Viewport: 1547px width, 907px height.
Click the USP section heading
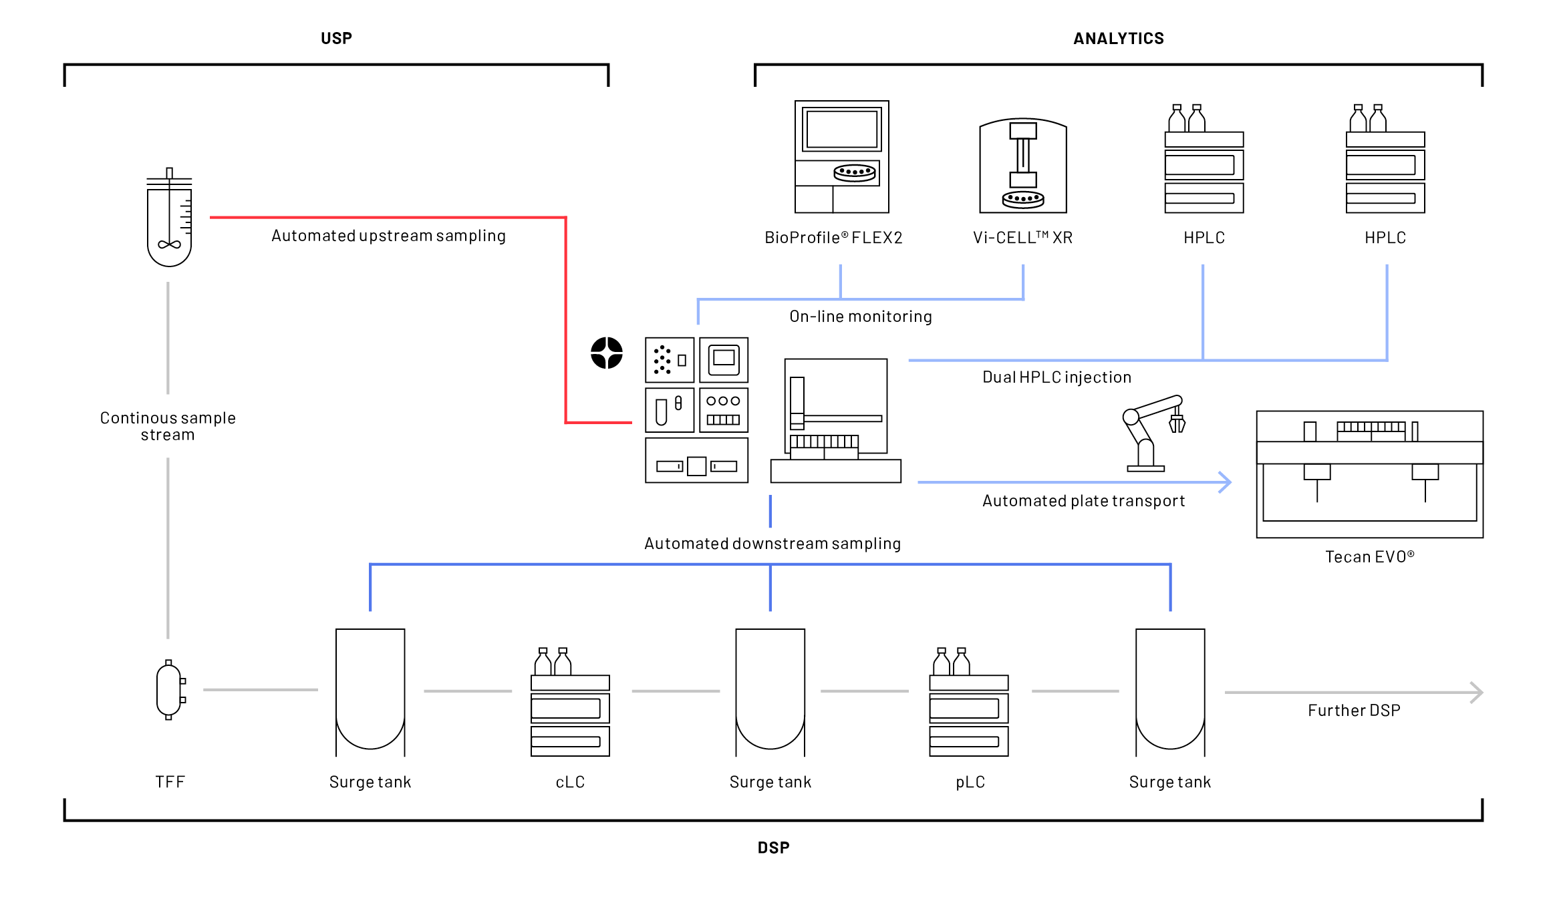point(336,39)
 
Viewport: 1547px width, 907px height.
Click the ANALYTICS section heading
point(1118,39)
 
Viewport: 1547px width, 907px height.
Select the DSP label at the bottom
point(773,848)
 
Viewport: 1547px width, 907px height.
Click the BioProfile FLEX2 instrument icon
point(841,157)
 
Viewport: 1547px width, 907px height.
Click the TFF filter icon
point(169,690)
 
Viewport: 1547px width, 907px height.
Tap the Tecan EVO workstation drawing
point(1369,474)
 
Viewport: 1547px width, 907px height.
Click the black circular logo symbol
point(607,353)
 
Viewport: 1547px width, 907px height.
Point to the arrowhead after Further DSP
point(1478,693)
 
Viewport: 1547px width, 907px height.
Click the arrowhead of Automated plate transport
point(1225,482)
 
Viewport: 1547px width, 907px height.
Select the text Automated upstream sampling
point(388,236)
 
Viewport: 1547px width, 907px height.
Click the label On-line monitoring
point(860,317)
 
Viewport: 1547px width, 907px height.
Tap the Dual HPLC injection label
point(1057,377)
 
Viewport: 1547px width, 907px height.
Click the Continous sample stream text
point(168,426)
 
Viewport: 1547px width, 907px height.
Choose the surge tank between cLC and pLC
point(770,691)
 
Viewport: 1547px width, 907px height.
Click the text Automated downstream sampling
point(772,544)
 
